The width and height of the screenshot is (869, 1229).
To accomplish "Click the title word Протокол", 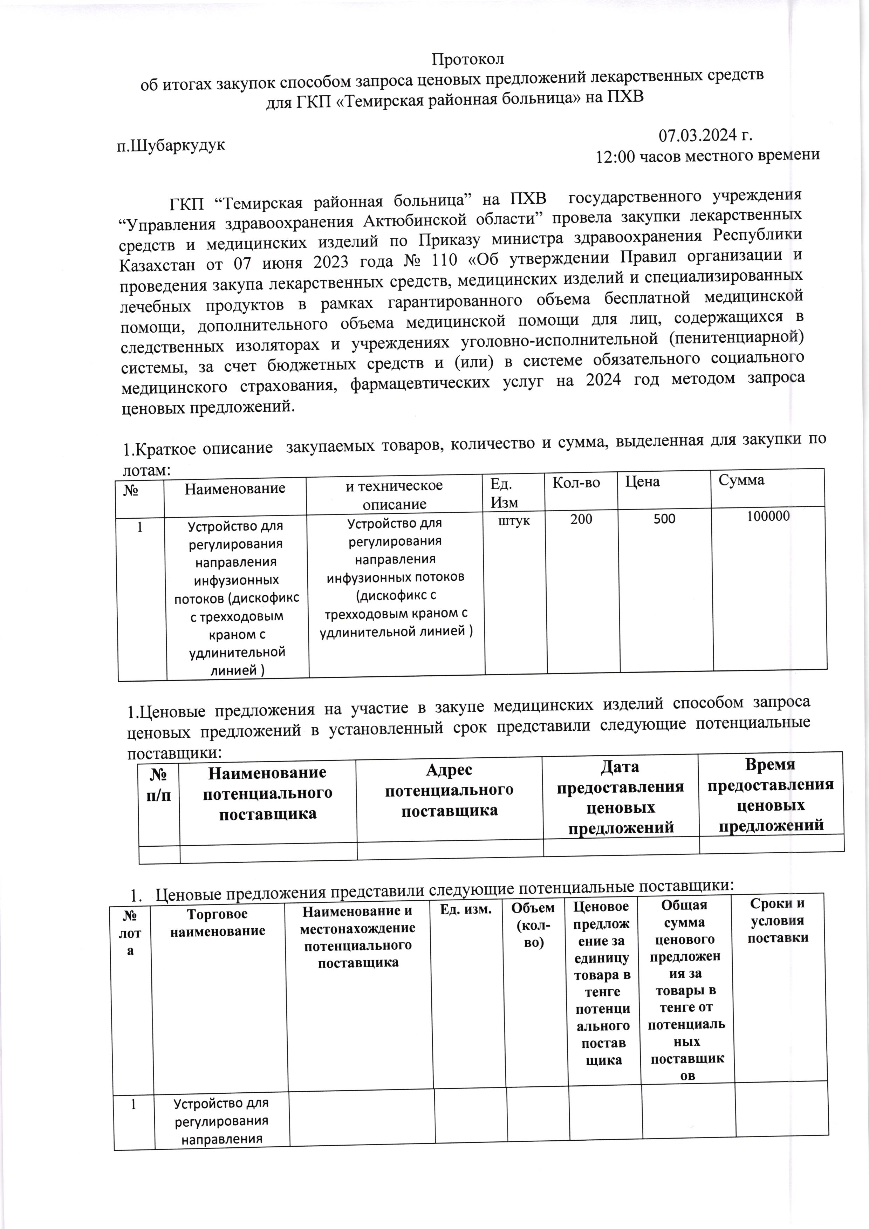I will pyautogui.click(x=468, y=58).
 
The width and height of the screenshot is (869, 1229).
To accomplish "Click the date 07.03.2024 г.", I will pyautogui.click(x=705, y=135).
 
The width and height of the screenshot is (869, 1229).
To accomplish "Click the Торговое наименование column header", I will pyautogui.click(x=218, y=922).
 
